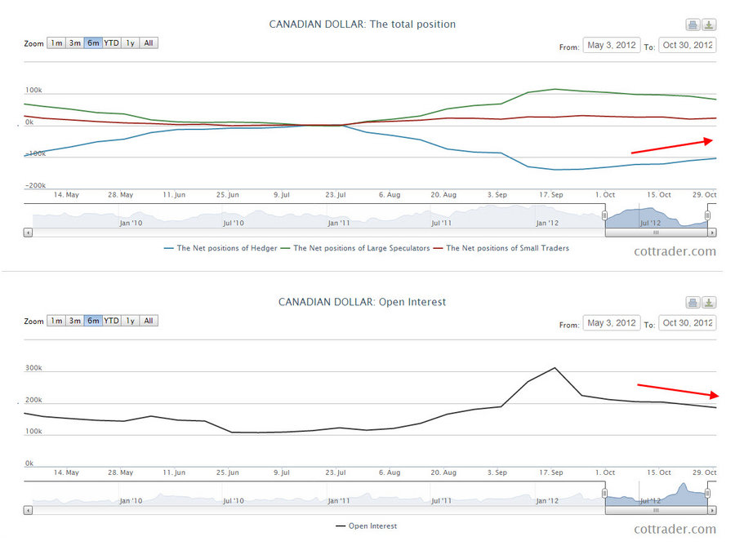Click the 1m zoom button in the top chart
click(x=56, y=43)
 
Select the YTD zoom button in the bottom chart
click(x=111, y=321)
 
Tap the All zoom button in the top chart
click(x=149, y=43)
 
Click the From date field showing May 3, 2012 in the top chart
click(x=612, y=46)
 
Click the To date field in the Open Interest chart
click(x=687, y=323)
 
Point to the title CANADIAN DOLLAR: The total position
click(x=363, y=24)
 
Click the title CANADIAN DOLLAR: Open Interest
click(x=363, y=302)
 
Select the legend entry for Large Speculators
click(x=356, y=248)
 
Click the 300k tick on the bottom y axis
click(x=33, y=368)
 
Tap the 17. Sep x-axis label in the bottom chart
click(x=550, y=472)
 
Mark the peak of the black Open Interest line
click(x=555, y=368)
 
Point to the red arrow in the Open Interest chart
click(x=677, y=389)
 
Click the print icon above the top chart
click(x=693, y=24)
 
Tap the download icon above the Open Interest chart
click(x=709, y=302)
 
